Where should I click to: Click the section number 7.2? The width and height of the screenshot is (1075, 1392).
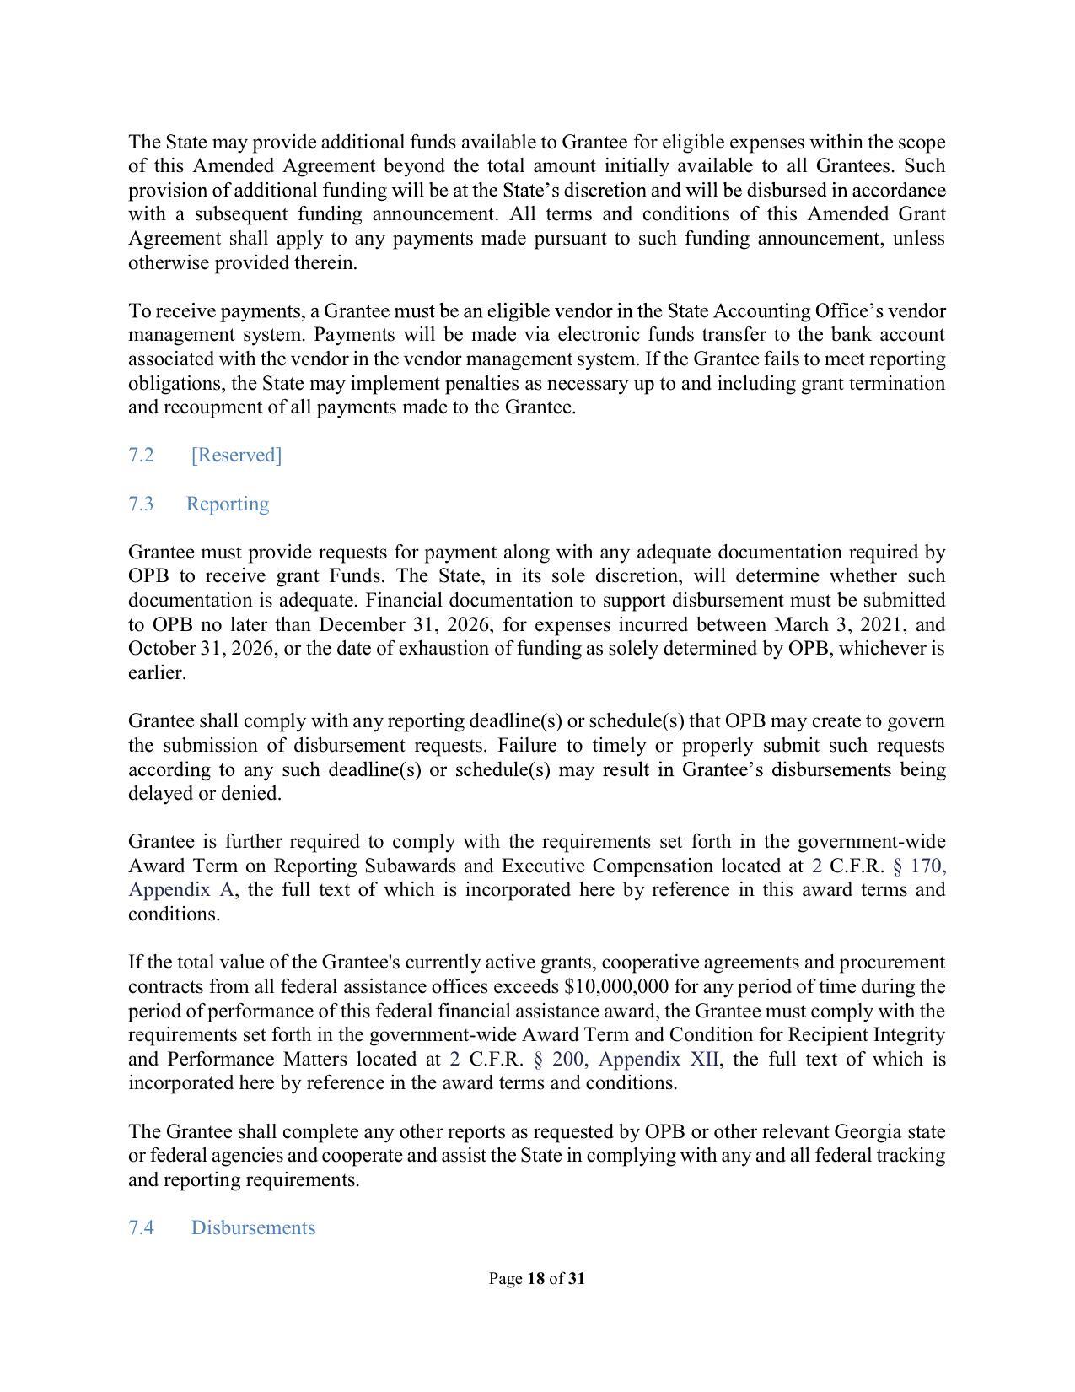141,456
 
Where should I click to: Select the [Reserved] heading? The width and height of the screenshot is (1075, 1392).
236,456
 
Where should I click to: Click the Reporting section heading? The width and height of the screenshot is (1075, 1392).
227,504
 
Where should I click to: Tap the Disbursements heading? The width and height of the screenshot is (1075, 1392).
253,1228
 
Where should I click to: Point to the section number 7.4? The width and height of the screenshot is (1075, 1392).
141,1228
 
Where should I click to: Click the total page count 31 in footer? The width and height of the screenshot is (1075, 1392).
576,1279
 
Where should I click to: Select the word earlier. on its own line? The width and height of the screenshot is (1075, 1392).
157,673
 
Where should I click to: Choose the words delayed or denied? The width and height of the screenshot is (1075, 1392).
204,794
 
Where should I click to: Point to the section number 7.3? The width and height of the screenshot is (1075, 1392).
141,504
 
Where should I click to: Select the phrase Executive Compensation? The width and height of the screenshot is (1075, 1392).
607,866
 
